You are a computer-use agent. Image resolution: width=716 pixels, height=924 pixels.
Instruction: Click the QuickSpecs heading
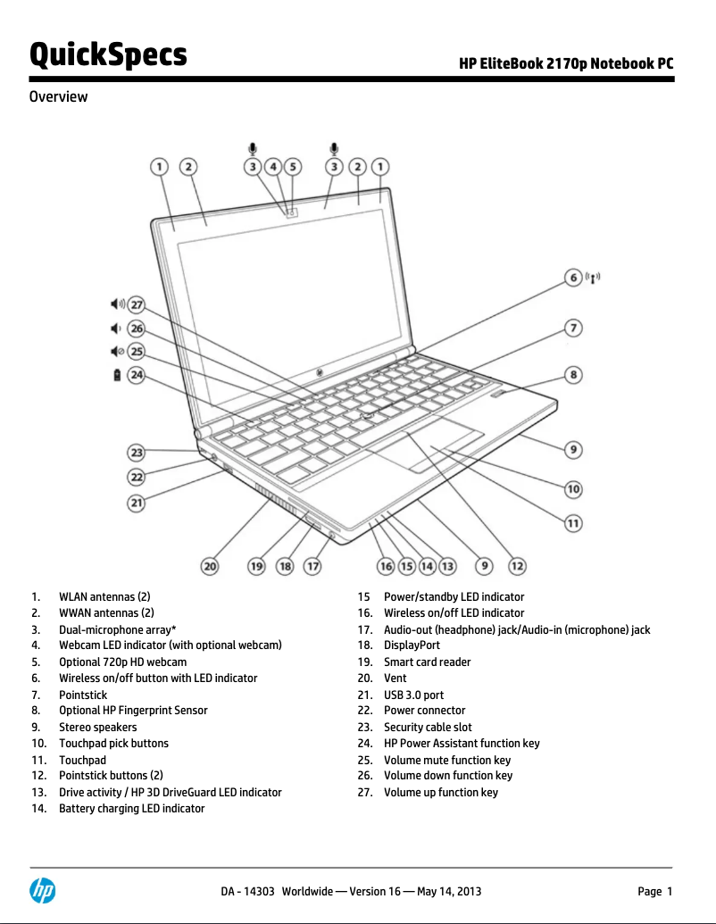click(108, 55)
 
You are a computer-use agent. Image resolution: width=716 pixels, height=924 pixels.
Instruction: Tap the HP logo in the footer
click(42, 890)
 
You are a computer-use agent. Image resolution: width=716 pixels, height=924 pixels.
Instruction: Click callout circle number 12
click(517, 565)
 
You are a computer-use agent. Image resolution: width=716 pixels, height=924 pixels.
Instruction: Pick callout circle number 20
click(209, 565)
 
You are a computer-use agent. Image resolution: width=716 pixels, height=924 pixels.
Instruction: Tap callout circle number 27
click(137, 304)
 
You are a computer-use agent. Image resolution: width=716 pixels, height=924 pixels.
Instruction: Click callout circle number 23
click(137, 453)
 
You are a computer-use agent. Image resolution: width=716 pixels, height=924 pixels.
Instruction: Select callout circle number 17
click(312, 565)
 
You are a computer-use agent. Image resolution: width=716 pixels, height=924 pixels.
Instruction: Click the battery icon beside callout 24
click(116, 376)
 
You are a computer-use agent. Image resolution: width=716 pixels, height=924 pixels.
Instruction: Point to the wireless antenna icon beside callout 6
click(593, 278)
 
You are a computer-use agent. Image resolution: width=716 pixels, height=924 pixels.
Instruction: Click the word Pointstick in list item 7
click(83, 695)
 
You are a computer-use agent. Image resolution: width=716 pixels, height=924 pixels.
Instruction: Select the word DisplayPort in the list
click(412, 645)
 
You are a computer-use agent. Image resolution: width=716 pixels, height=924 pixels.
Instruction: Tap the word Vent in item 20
click(395, 678)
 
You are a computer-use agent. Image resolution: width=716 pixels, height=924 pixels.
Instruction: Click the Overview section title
click(58, 96)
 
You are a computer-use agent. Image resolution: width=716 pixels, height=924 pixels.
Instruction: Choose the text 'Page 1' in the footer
click(654, 891)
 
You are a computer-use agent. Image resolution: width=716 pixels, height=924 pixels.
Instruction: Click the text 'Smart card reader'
click(427, 662)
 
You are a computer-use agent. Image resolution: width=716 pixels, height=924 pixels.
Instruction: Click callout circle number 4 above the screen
click(274, 166)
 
